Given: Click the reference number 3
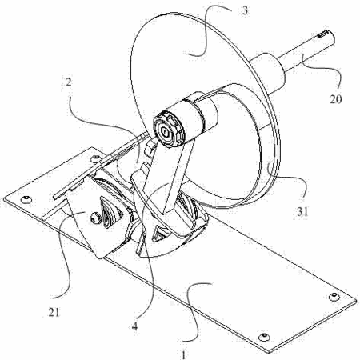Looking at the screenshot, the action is click(x=245, y=10).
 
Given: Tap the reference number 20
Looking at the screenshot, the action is click(x=336, y=99).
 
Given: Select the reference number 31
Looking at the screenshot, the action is click(x=302, y=212).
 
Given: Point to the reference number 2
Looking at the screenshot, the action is click(x=68, y=82).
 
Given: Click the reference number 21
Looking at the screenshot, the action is click(x=54, y=312).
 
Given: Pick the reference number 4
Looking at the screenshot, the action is click(x=135, y=326).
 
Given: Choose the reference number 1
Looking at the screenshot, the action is click(x=183, y=354).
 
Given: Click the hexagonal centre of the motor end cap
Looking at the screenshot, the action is click(x=166, y=132).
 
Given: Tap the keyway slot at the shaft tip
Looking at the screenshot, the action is click(x=323, y=34).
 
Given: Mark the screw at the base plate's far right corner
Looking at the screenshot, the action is click(x=334, y=296).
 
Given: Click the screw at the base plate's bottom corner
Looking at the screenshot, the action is click(x=264, y=336).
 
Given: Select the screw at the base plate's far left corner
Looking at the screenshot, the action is click(x=26, y=198).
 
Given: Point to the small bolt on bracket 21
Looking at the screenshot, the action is click(x=94, y=218).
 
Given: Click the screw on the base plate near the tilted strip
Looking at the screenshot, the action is click(x=95, y=158).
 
